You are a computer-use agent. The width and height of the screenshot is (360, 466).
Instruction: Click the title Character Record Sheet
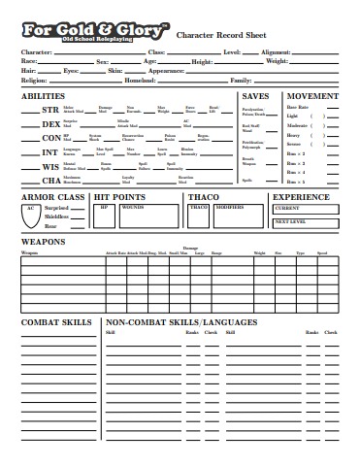tap(220, 34)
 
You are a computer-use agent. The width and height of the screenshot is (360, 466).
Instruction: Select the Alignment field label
tap(277, 50)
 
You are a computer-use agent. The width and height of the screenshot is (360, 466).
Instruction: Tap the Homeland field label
tap(141, 80)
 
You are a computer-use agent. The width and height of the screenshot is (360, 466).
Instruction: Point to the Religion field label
tap(35, 80)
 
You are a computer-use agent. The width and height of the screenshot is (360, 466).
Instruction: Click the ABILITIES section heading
tap(43, 97)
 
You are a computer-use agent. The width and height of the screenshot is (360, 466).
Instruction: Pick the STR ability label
tap(50, 110)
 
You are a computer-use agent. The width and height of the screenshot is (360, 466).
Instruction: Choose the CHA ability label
tap(50, 180)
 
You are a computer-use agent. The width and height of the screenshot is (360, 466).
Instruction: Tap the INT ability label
tap(50, 151)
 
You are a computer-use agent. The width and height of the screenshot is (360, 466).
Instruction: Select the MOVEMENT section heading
tap(312, 97)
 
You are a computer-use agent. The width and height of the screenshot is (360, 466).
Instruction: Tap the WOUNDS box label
tap(133, 206)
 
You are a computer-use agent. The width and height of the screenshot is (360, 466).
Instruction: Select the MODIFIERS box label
tap(229, 206)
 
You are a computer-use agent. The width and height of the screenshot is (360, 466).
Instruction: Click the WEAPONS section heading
tap(43, 241)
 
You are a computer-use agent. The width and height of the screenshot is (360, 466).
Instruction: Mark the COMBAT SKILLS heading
tap(56, 321)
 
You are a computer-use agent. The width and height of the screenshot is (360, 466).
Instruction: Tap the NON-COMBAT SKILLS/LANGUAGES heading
tap(180, 321)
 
